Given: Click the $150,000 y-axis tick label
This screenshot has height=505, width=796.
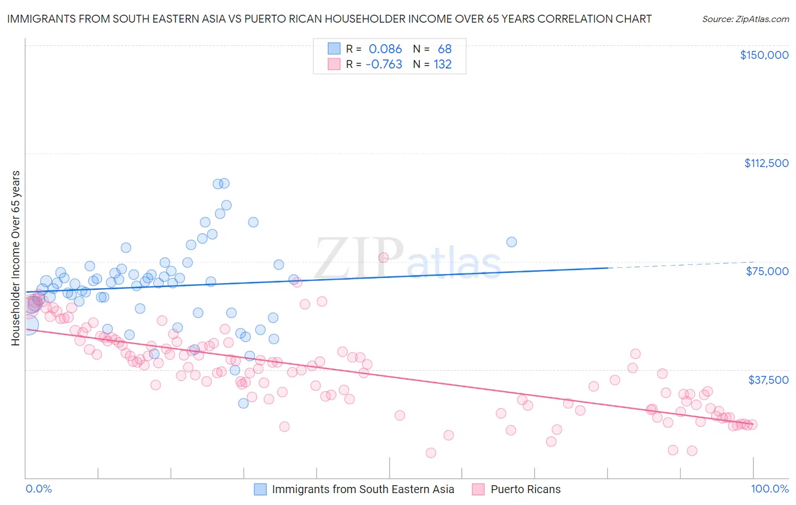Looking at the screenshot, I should coord(764,55).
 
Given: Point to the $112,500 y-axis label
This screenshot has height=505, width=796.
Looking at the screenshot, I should coord(766,163).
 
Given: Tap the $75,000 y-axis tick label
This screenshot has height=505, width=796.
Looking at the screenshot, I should coord(767,271).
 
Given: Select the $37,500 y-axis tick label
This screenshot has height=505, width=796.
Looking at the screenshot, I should coord(768,380).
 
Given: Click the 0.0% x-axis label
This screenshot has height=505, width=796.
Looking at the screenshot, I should coord(38,489).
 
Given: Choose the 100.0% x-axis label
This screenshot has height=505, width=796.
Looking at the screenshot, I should coord(770,489).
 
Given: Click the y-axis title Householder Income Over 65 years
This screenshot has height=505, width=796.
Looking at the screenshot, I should coord(15,258).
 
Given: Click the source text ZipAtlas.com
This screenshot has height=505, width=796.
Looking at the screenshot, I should coord(745,19).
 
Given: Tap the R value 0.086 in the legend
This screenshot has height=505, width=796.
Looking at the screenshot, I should coord(385,49).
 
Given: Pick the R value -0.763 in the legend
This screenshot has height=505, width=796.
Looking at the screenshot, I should coord(384,65).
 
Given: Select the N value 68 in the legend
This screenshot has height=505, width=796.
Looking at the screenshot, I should coord(444,49).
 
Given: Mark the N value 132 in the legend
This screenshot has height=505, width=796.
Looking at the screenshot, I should coord(442,65).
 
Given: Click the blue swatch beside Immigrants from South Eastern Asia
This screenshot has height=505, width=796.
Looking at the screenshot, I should coord(260,489).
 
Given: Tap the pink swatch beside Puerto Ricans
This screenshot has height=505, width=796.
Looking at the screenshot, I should coord(478,489).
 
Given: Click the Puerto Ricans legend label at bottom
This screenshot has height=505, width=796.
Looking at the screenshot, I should coord(525,489).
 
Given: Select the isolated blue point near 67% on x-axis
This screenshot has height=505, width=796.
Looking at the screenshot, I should coord(511,242).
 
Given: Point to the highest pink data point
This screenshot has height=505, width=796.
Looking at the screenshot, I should coord(383,258).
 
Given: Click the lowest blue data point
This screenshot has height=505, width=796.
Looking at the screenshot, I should coord(243,403).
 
